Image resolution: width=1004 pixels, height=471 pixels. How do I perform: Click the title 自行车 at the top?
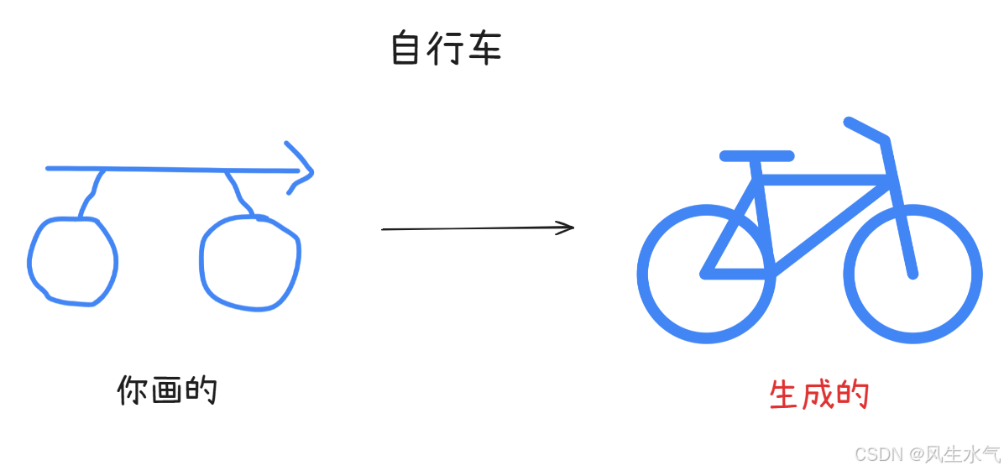[x=446, y=50]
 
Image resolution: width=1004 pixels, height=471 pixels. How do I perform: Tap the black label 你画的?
[x=167, y=390]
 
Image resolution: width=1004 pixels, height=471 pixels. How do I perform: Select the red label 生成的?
[x=818, y=395]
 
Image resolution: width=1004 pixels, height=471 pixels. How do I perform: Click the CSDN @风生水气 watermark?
[x=927, y=455]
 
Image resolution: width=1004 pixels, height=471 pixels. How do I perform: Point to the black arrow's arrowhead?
[x=568, y=227]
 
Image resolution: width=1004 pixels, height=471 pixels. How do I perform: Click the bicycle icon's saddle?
[x=756, y=155]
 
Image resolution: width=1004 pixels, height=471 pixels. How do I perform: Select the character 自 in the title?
[x=406, y=50]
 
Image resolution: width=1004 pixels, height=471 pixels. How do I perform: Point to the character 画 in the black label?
[x=167, y=390]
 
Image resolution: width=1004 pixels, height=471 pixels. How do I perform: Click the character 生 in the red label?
[x=783, y=395]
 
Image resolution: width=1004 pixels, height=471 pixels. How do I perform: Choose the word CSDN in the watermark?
[x=878, y=455]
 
